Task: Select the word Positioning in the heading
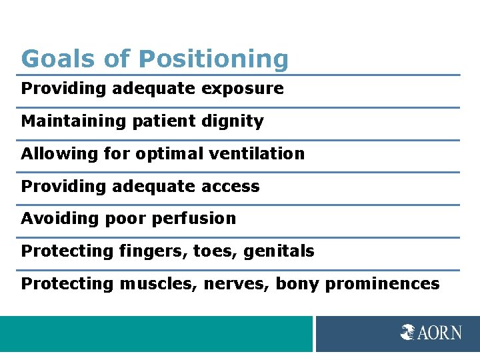coord(213,59)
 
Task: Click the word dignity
coord(237,121)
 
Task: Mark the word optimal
coord(166,153)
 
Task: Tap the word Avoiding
coord(53,218)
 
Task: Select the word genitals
coord(279,251)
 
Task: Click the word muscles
coord(158,283)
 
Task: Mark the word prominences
coord(382,283)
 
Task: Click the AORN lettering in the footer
coord(439,332)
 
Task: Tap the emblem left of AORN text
coord(408,332)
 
